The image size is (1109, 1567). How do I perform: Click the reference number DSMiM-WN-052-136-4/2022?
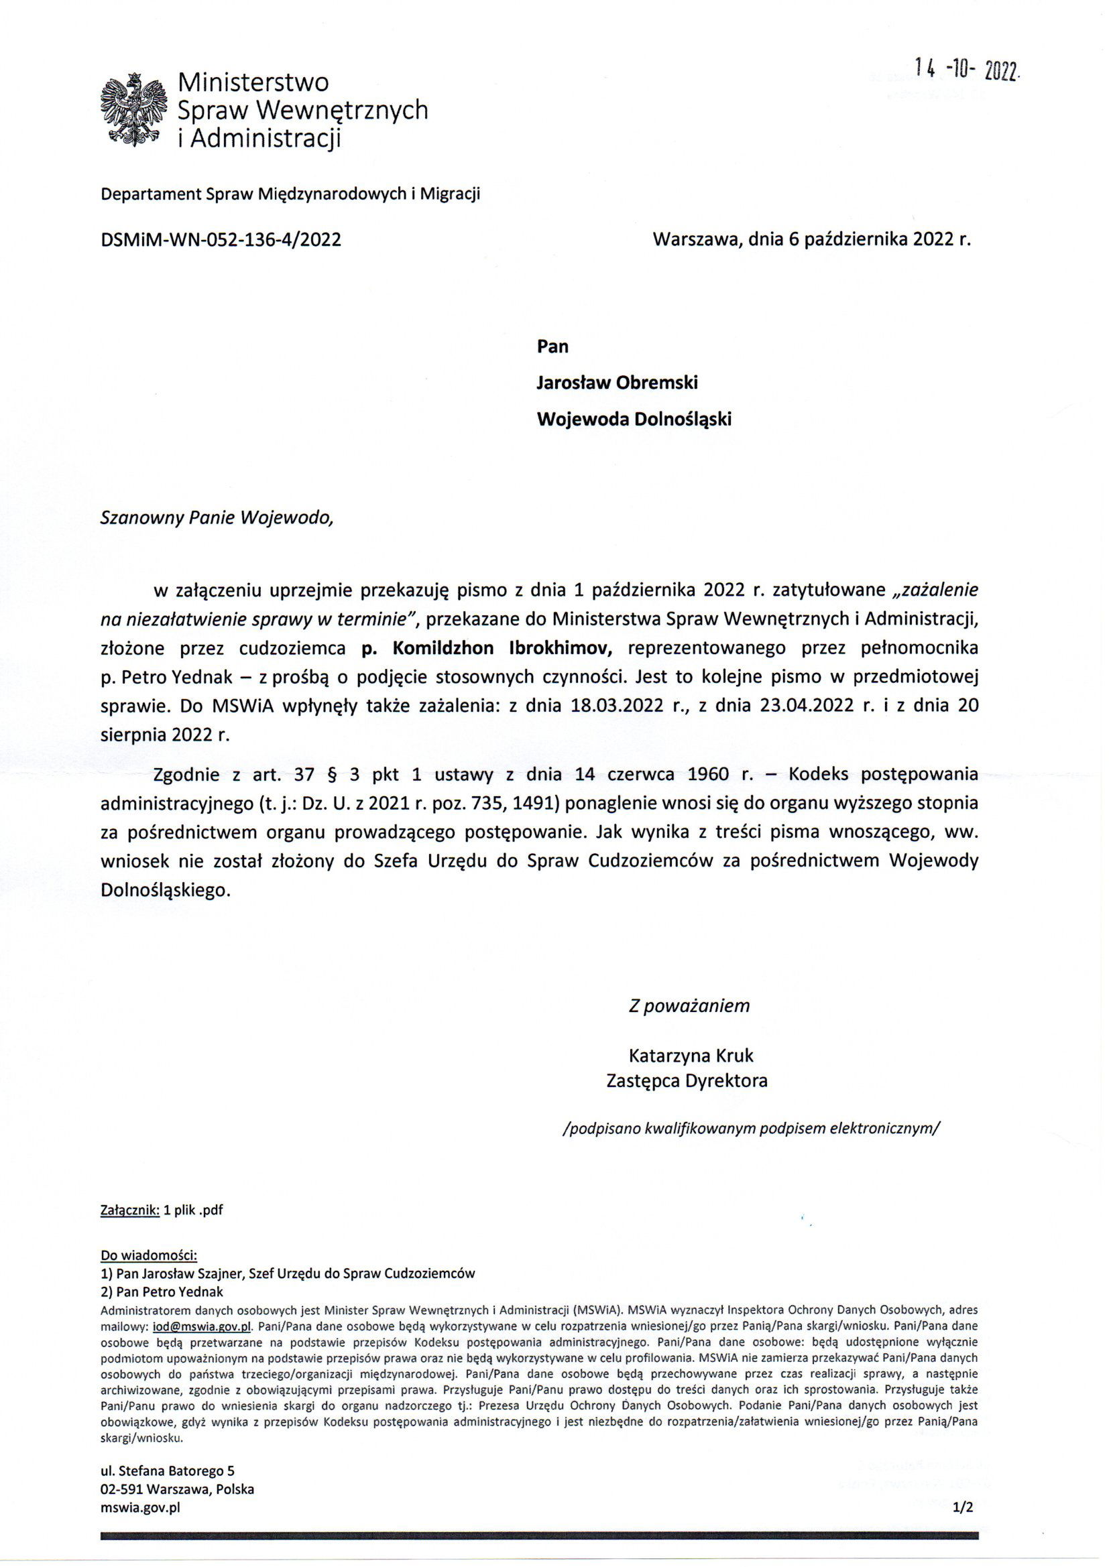221,239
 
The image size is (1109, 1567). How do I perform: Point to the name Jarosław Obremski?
617,382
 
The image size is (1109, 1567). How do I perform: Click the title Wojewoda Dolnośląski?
634,418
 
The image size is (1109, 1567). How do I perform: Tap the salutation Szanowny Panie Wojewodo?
217,517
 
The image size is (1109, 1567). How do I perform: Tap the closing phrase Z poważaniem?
689,1005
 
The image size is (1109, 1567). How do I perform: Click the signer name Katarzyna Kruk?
691,1056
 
